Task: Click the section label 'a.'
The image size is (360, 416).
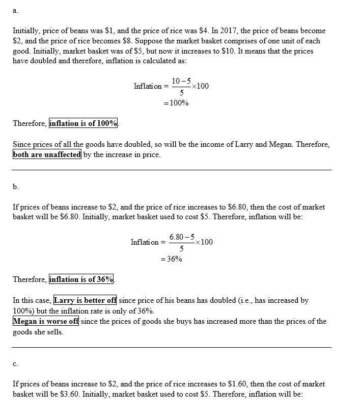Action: [15, 10]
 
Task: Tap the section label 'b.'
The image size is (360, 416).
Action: [16, 187]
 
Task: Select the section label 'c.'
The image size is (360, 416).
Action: [15, 363]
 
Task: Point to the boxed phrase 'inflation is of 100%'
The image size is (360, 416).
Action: [84, 123]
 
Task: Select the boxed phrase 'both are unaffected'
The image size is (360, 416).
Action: [47, 154]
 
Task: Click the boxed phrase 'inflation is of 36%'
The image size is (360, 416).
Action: [81, 279]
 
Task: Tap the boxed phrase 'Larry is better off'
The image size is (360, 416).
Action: [85, 300]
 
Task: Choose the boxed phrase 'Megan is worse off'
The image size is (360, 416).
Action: [46, 321]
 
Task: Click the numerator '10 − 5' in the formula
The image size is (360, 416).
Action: [181, 81]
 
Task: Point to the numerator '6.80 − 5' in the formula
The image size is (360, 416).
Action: [182, 237]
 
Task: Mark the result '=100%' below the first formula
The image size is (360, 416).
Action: [176, 103]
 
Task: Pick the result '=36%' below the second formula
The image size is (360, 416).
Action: [172, 259]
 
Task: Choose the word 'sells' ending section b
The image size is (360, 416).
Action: [54, 332]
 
